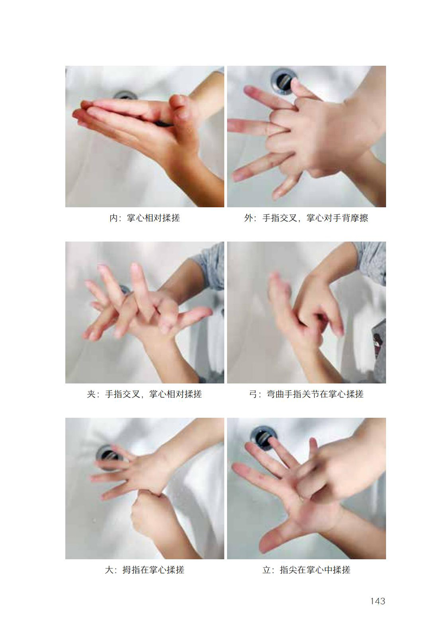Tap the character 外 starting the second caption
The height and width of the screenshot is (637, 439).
(248, 218)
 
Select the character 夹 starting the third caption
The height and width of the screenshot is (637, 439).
(91, 394)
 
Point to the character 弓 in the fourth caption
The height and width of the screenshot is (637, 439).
(253, 394)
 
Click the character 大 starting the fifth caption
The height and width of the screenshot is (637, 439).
(109, 570)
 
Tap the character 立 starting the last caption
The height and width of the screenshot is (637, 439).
(266, 570)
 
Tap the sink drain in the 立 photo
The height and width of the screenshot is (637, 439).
(263, 438)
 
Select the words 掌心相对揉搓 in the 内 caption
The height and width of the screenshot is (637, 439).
(153, 218)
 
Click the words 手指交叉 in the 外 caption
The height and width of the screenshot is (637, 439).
(280, 218)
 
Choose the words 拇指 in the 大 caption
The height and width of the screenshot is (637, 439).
(131, 570)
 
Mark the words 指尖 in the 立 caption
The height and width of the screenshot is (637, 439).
(289, 570)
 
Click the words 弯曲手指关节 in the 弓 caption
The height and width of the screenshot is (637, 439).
(293, 394)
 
